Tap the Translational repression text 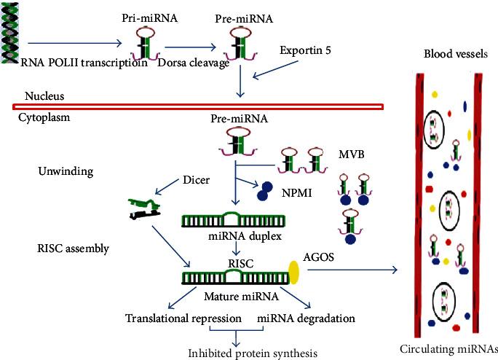[x=183, y=318]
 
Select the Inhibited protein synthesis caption [x=254, y=354]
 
